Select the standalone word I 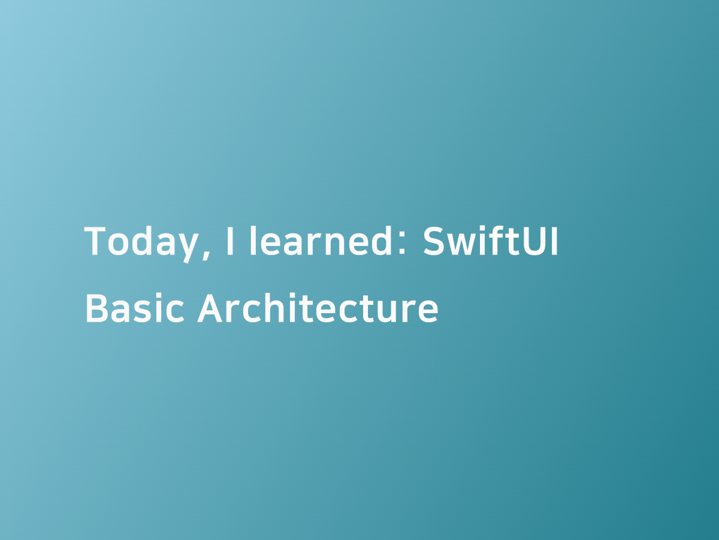point(230,241)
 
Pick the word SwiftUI point(491,241)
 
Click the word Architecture point(318,308)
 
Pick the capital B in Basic point(98,308)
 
